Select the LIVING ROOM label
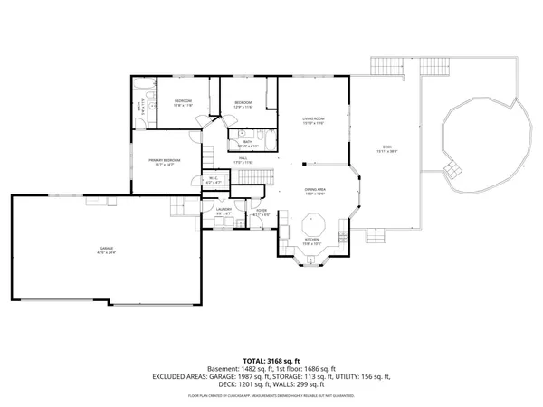click(313, 118)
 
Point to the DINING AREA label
click(315, 190)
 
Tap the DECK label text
click(386, 147)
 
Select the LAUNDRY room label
click(224, 209)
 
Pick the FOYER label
click(262, 210)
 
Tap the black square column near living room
click(304, 165)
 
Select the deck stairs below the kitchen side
click(375, 236)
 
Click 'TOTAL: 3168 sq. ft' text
click(271, 360)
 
